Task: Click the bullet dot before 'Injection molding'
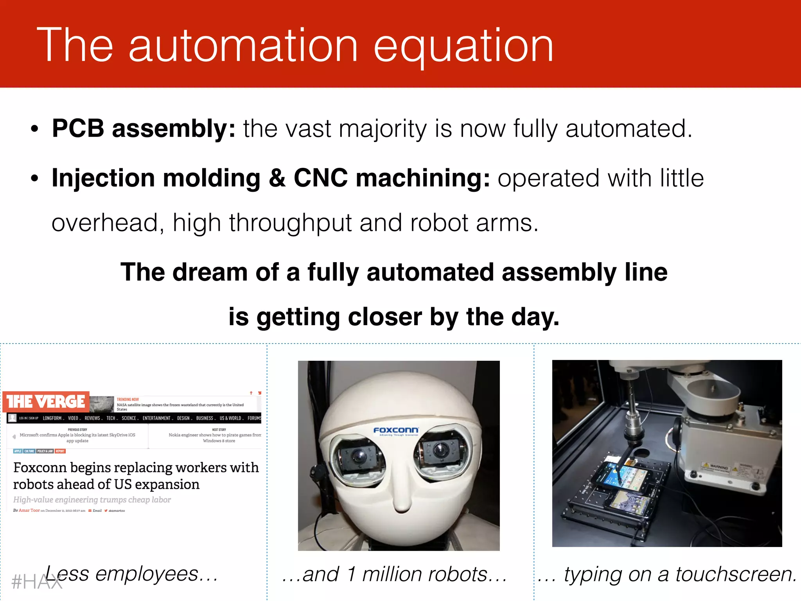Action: click(35, 178)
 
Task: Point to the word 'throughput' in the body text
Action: click(291, 223)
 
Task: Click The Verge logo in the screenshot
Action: click(46, 401)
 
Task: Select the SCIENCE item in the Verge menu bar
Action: click(129, 418)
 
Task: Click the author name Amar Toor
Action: click(29, 511)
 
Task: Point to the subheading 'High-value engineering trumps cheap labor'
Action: click(92, 500)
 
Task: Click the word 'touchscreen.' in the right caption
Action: click(736, 575)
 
